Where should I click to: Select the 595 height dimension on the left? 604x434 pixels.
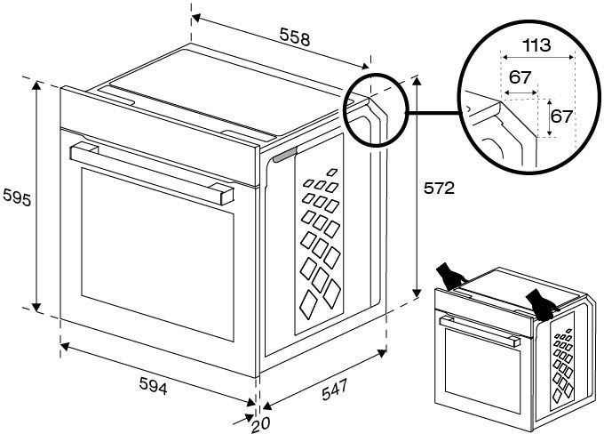16,197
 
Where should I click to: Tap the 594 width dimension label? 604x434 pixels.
153,387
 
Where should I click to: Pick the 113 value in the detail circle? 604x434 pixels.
536,44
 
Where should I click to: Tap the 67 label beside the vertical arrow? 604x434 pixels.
562,117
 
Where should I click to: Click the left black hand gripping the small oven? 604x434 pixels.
453,277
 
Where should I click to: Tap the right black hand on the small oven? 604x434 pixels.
541,301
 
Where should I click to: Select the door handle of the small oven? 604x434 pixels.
481,328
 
